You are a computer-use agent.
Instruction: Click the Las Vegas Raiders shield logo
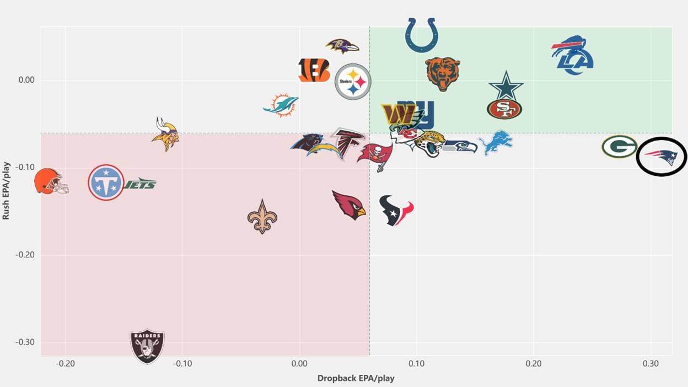(147, 346)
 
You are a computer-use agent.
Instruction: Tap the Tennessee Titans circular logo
(106, 182)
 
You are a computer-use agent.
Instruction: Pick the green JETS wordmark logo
(140, 184)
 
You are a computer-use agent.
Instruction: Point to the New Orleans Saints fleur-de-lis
(262, 217)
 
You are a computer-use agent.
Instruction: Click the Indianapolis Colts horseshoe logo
(421, 35)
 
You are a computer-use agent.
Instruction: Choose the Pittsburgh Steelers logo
(353, 82)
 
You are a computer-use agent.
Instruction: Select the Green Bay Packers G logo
(619, 147)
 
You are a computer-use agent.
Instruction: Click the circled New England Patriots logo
(660, 157)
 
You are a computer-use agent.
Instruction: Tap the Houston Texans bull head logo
(396, 211)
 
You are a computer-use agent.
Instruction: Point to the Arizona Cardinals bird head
(349, 205)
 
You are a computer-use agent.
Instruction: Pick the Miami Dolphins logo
(281, 105)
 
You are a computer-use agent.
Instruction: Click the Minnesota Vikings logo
(165, 135)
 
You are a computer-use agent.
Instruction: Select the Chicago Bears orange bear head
(443, 74)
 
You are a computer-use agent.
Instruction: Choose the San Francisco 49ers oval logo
(504, 109)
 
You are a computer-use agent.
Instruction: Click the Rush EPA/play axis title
(6, 191)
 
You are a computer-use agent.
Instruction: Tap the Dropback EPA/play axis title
(356, 378)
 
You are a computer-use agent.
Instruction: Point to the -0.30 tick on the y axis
(25, 342)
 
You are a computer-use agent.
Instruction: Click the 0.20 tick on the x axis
(534, 364)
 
